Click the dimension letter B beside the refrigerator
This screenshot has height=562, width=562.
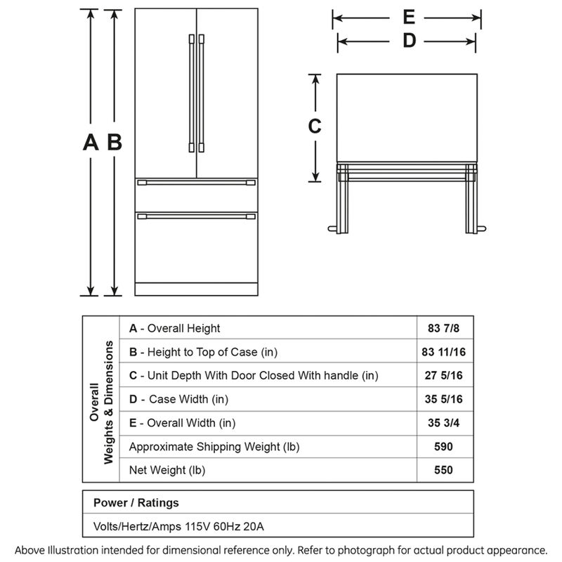115,143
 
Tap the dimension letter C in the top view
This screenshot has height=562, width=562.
315,126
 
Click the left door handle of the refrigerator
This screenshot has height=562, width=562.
190,91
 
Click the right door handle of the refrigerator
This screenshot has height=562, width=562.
201,91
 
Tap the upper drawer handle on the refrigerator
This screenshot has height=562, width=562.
196,183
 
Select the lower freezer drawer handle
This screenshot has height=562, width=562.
196,214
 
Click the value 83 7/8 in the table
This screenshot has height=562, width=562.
443,328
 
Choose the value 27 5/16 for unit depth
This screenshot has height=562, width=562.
443,376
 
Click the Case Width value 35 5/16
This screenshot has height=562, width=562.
443,400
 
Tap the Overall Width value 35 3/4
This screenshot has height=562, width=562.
443,423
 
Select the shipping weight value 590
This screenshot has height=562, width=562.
443,447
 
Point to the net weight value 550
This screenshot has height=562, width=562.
443,470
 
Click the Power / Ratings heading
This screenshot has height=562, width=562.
136,503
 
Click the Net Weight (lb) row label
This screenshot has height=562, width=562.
167,470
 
